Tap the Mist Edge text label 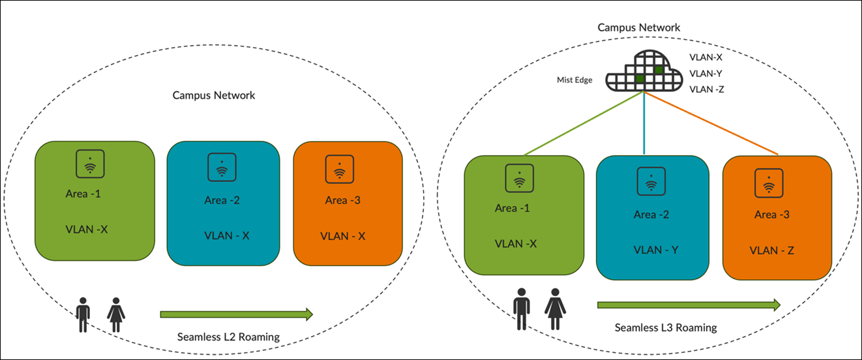[574, 80]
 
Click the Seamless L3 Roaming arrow [689, 305]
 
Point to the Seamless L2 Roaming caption [228, 337]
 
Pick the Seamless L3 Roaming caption [665, 327]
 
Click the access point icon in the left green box [91, 164]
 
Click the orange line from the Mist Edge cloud [714, 125]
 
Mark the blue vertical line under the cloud [644, 124]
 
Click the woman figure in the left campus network [116, 314]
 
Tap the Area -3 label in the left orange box [343, 200]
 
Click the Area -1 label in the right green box [513, 208]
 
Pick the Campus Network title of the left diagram [214, 95]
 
